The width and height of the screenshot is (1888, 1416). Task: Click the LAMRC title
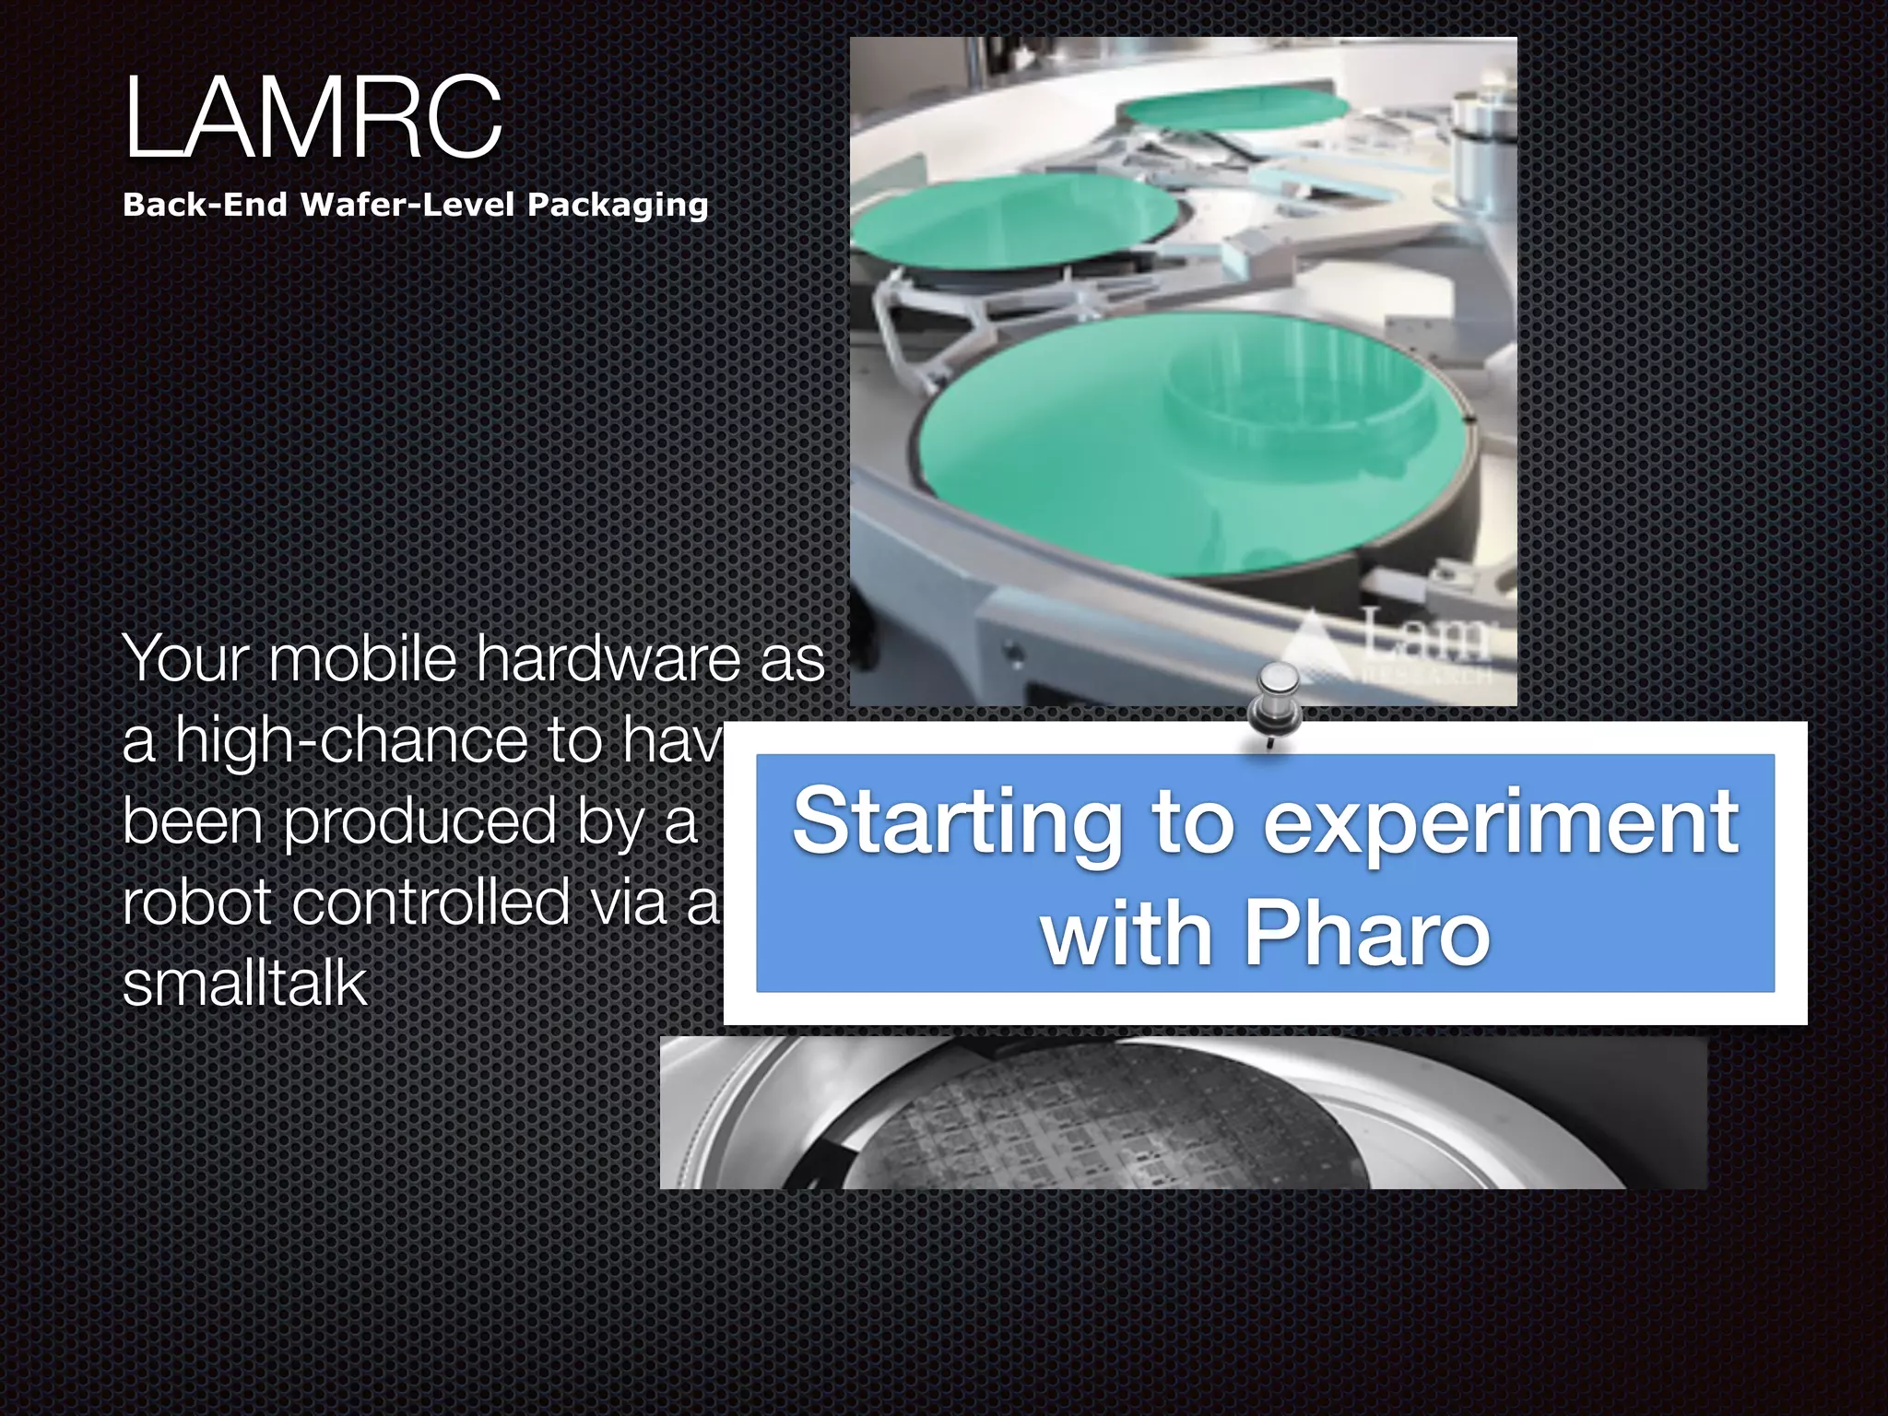(x=313, y=118)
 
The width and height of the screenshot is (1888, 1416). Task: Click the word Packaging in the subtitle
(x=618, y=205)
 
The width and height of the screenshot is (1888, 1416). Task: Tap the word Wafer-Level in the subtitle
(x=407, y=205)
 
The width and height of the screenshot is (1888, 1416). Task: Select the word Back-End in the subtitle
(x=205, y=205)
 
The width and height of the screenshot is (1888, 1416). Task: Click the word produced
(x=419, y=820)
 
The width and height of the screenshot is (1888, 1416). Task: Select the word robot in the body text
(x=196, y=902)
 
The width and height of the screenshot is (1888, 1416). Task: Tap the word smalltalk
(x=244, y=983)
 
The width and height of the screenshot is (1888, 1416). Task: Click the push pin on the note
(x=1274, y=701)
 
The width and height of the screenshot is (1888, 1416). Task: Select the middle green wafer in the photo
(x=1014, y=221)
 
